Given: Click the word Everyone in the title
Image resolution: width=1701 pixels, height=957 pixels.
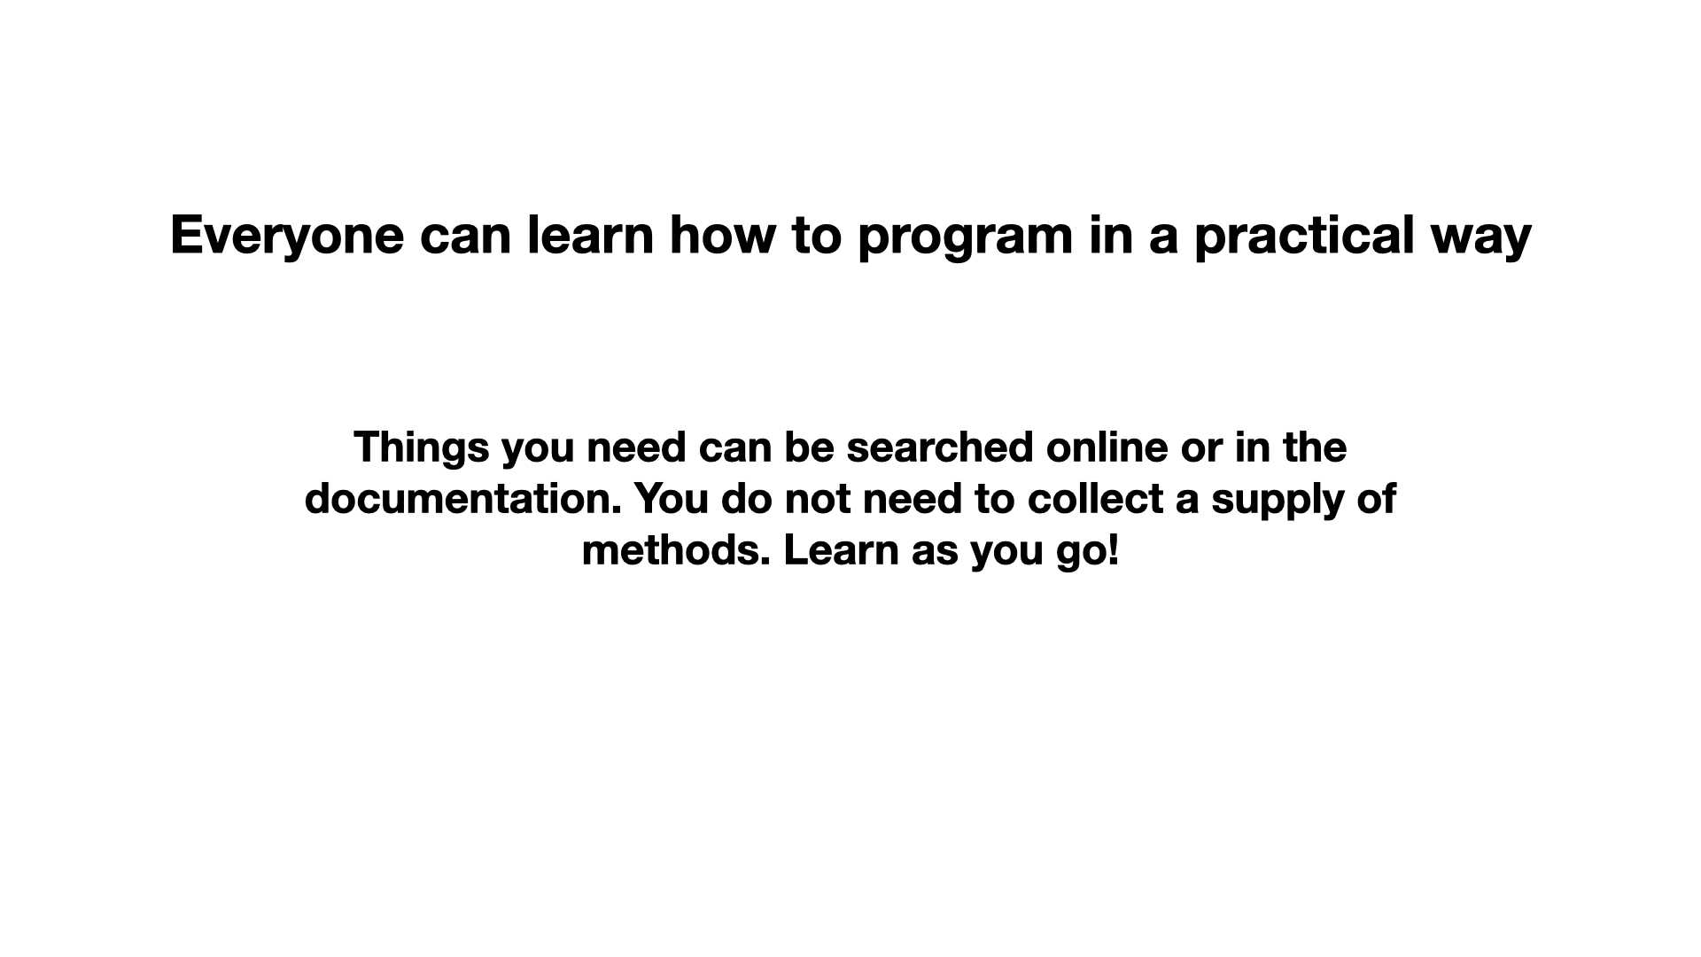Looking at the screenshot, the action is pyautogui.click(x=287, y=237).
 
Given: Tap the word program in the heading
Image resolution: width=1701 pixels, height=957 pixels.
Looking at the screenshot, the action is pyautogui.click(x=966, y=237).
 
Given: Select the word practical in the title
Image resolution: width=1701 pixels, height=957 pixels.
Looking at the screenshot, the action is pyautogui.click(x=1304, y=237).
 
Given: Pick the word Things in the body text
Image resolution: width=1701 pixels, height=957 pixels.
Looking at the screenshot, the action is pyautogui.click(x=421, y=448).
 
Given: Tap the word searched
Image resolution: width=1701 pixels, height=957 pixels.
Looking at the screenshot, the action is pyautogui.click(x=940, y=447).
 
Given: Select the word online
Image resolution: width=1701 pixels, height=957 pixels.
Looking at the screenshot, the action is pyautogui.click(x=1107, y=447).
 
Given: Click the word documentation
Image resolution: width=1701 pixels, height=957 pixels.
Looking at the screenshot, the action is pyautogui.click(x=462, y=499).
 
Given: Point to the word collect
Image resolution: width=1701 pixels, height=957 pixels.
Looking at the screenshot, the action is pyautogui.click(x=1095, y=499).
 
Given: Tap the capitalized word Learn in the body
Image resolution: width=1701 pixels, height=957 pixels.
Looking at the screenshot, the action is pyautogui.click(x=841, y=550).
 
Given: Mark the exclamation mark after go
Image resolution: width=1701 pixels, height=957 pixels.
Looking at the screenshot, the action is pyautogui.click(x=1114, y=551).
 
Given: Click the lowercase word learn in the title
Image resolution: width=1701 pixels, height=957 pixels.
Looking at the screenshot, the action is pyautogui.click(x=590, y=235).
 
